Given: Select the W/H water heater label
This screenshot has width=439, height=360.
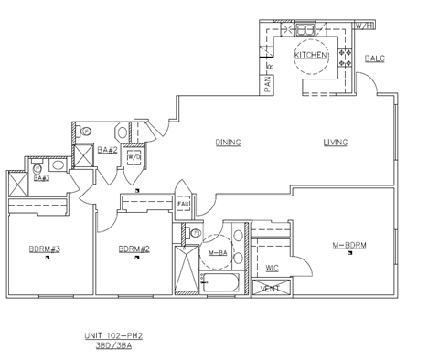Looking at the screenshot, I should coord(365,25).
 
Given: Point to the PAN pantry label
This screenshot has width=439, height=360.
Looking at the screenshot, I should coord(268,83).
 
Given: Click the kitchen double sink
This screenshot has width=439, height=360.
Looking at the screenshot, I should coord(304,29).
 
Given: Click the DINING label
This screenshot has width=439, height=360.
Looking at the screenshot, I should coord(228,142).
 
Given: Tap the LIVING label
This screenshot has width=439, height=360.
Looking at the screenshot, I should coord(335,142).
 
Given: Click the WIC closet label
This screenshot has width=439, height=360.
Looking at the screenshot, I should coord(272,268).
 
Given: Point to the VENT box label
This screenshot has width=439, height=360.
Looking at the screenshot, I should coord(271,289).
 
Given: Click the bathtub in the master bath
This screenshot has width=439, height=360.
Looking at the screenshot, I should coord(220,282).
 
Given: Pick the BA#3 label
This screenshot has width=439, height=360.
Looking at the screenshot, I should coord(41,177).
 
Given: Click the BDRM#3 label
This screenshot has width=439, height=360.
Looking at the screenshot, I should coord(43,249).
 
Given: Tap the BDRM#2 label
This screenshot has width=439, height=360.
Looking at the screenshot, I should coord(134,249).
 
